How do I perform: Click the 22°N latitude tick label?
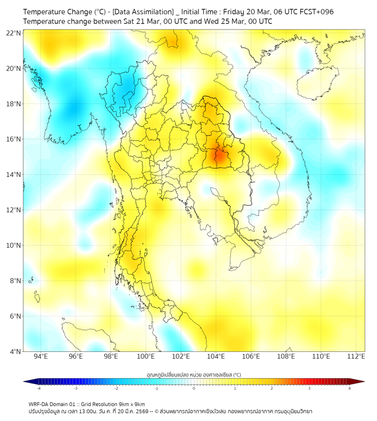pos(14,33)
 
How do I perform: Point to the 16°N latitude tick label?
pos(14,139)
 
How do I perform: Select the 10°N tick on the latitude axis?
pos(14,246)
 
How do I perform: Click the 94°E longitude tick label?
pos(41,357)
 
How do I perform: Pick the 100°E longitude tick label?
pos(146,357)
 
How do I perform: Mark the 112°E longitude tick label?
pos(356,357)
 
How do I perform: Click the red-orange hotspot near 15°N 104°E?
pos(219,155)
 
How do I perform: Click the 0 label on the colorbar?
pos(194,388)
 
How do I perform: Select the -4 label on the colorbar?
pos(38,388)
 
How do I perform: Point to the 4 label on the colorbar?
pos(350,388)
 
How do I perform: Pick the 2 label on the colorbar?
pos(272,388)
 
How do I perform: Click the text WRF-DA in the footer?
pos(41,404)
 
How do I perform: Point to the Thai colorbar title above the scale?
pos(194,374)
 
